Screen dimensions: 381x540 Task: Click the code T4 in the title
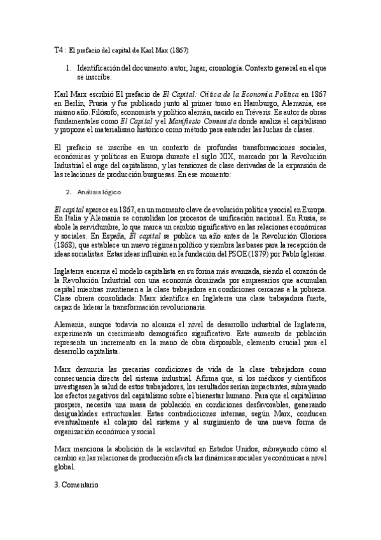(x=59, y=49)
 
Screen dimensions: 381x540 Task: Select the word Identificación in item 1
(x=104, y=67)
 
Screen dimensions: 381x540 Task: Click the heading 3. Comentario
(x=77, y=485)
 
